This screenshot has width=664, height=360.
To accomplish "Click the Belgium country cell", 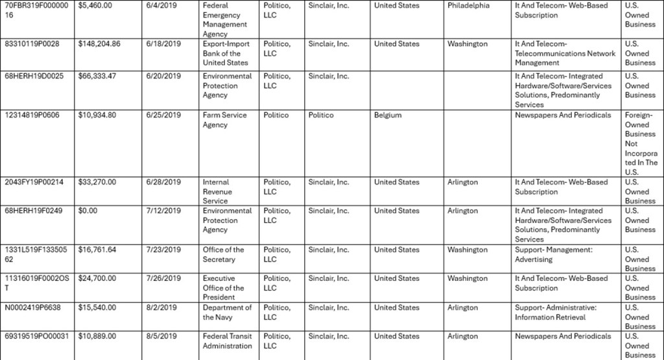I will click(388, 115).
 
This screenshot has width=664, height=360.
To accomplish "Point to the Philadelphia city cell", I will click(468, 6).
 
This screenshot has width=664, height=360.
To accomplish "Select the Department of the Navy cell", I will click(227, 313).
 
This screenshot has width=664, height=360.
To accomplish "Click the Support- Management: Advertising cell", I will click(553, 254).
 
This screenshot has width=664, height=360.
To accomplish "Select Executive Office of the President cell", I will click(223, 287).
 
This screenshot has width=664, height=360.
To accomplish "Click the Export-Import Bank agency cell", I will click(225, 53).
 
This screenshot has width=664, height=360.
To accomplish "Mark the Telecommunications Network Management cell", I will click(565, 53).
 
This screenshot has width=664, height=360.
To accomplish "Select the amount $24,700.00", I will click(97, 278).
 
